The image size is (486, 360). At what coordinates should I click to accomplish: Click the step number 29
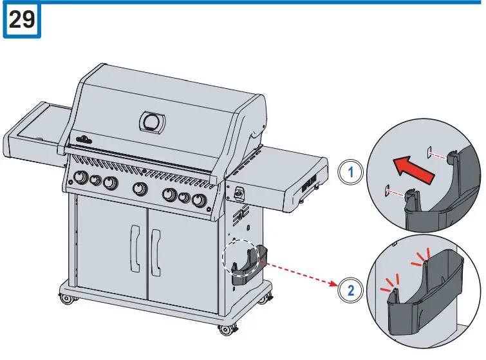23,21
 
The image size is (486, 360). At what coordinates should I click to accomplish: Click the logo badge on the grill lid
86,138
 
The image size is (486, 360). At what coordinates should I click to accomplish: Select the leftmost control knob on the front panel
81,178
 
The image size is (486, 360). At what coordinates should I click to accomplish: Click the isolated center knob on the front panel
138,189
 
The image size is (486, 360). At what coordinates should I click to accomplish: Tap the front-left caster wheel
66,299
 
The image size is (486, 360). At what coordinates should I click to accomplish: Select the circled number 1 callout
350,173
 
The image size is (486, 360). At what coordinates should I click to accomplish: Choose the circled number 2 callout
350,289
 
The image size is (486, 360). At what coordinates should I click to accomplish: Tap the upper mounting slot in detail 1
429,153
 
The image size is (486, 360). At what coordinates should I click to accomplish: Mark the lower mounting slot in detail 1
387,189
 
